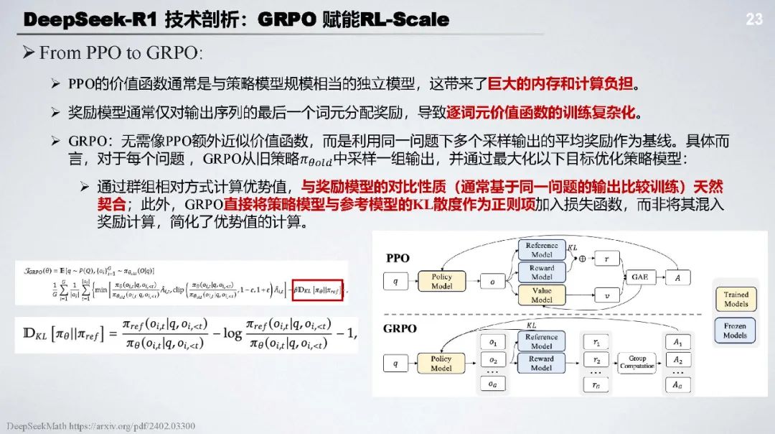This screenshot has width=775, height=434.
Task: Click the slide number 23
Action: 753,19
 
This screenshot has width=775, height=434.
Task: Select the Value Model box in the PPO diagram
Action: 542,295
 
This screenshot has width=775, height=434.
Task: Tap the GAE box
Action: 639,277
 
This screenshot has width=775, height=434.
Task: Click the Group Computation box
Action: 637,362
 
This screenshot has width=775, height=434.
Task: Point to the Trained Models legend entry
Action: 736,299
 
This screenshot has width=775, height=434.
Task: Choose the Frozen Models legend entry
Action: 736,331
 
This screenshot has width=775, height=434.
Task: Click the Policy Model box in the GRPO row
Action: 441,363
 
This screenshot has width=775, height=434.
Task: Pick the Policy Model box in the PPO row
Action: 441,281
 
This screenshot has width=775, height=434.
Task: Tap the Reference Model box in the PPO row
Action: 542,250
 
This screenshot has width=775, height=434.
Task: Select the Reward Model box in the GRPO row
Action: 542,363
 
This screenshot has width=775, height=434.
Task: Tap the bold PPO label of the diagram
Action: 398,257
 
